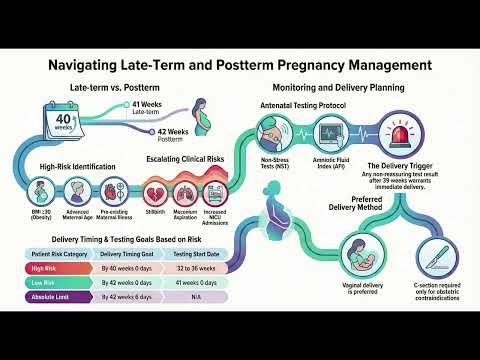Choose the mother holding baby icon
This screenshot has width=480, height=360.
[x=357, y=252]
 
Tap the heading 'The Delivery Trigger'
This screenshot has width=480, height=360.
[x=410, y=164]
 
